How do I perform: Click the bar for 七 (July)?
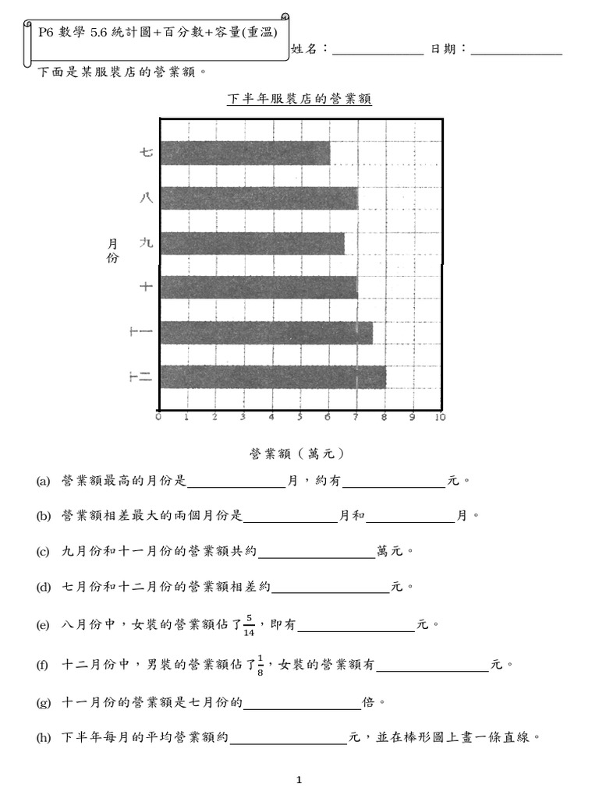pos(245,153)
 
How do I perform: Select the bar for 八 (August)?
pos(259,198)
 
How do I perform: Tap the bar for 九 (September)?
pos(252,243)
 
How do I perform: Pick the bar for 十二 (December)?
pos(273,377)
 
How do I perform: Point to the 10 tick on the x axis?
pos(439,418)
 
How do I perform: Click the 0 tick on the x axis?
pos(159,418)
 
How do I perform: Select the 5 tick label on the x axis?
pos(299,418)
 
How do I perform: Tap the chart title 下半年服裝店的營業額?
pos(299,100)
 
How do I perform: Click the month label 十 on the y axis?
pos(146,288)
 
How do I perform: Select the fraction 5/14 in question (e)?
pos(249,626)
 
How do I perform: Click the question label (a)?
pos(43,482)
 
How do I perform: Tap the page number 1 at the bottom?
pos(299,779)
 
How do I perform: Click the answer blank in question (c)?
pos(317,554)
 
